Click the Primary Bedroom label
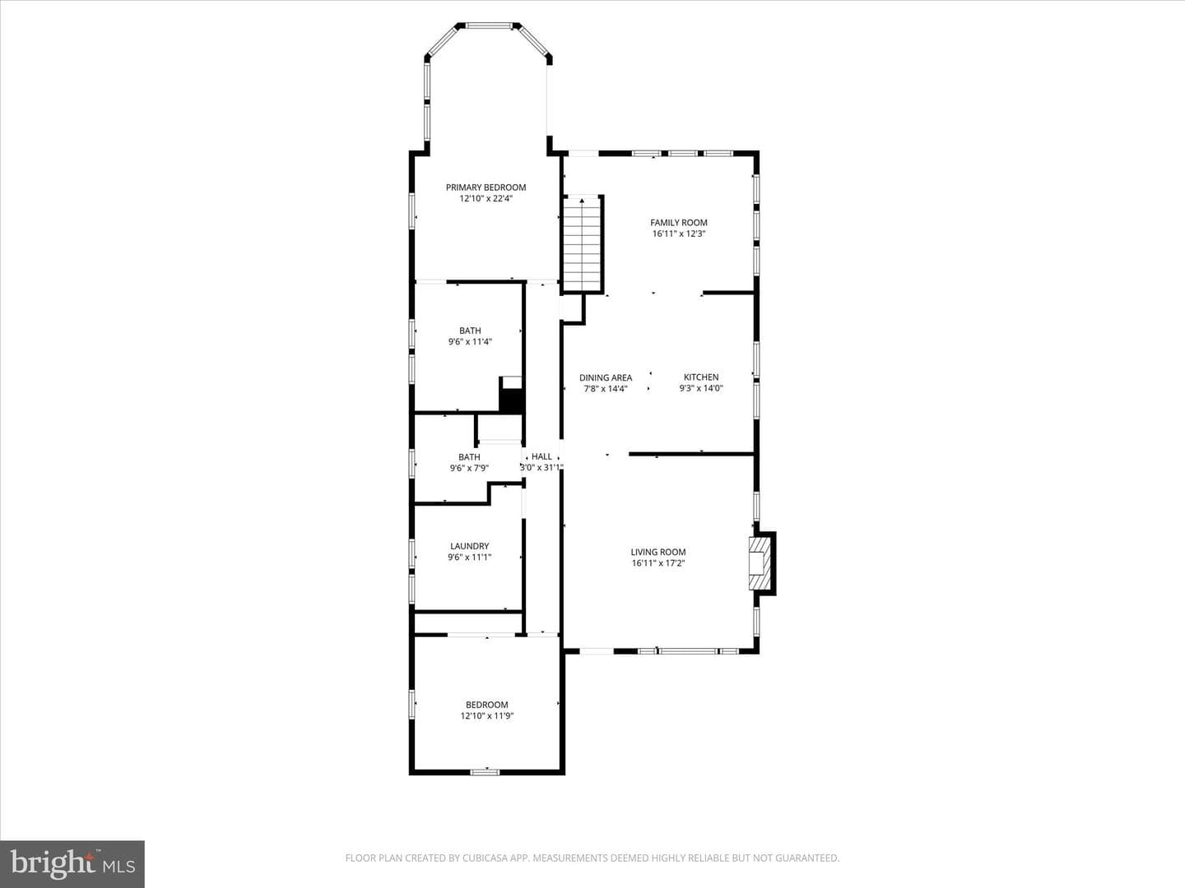(x=486, y=187)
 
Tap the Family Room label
(x=679, y=223)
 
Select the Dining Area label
(x=606, y=378)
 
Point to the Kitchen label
(x=701, y=377)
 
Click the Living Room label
(x=658, y=552)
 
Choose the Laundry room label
(x=470, y=546)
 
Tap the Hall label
(x=541, y=456)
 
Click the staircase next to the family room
(x=582, y=243)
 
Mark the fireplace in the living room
(x=762, y=563)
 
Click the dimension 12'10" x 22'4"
(x=486, y=199)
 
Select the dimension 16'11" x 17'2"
(x=658, y=563)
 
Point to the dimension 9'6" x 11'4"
(x=470, y=342)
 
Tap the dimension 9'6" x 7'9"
(x=469, y=468)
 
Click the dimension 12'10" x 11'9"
(x=487, y=716)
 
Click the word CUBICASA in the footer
(x=484, y=858)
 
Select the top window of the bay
(x=489, y=25)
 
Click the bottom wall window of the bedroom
(x=485, y=772)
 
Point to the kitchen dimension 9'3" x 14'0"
(x=701, y=388)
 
